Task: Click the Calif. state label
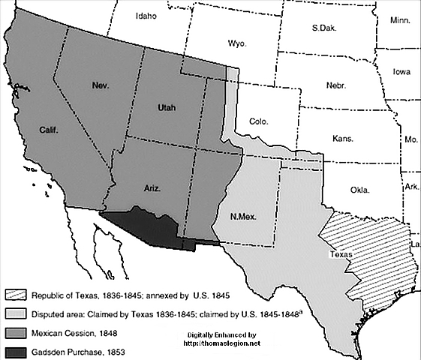click(x=49, y=130)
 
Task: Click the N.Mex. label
click(x=244, y=216)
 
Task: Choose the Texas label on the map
click(x=341, y=253)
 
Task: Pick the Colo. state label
click(x=260, y=121)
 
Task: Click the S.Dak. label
click(x=324, y=28)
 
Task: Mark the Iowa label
click(x=402, y=72)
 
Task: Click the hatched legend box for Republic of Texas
click(x=20, y=295)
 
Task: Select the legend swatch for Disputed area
click(x=20, y=313)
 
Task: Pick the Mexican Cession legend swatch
click(x=20, y=331)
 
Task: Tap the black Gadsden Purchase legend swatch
click(x=20, y=350)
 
